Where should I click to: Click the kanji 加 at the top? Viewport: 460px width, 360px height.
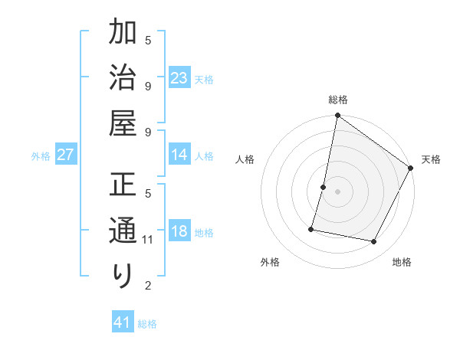tap(123, 34)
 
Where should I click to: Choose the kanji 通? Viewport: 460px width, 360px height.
tap(123, 230)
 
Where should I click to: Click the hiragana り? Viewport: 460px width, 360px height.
tap(123, 274)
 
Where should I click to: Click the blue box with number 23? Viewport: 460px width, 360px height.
tap(179, 78)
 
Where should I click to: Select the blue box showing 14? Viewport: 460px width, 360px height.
tap(179, 155)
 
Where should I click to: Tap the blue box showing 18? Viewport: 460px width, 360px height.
tap(179, 231)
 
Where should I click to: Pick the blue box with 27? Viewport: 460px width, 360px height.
tap(66, 155)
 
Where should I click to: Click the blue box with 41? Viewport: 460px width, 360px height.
tap(123, 322)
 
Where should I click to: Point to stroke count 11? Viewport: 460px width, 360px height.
tap(149, 240)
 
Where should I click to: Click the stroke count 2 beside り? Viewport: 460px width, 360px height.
tap(149, 286)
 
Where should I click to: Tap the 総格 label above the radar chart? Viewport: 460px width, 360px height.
tap(338, 100)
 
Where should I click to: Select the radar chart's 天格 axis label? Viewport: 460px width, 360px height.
tap(431, 159)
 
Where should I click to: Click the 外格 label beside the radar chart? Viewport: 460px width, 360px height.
tap(270, 262)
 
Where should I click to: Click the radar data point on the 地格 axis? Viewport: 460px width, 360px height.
tap(374, 242)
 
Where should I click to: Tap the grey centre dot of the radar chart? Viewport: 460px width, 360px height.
tap(338, 191)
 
